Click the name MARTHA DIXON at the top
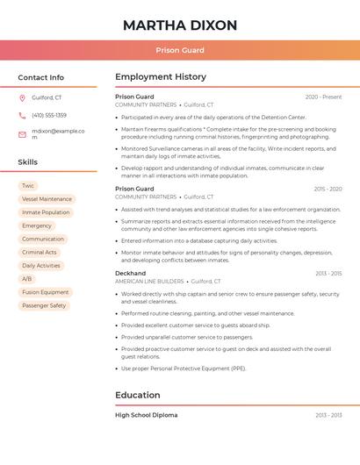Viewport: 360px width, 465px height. coord(180,25)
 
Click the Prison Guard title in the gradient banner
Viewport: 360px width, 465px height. coord(180,50)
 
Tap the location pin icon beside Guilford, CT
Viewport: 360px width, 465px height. coord(22,97)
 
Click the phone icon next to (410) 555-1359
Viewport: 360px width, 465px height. coord(22,116)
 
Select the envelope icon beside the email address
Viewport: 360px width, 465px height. coord(22,134)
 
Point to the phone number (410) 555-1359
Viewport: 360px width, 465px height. coord(49,116)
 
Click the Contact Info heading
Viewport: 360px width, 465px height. coord(40,77)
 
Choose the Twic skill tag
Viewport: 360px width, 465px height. coord(28,186)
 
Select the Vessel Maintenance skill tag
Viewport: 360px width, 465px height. coord(47,199)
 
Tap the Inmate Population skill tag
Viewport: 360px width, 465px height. coord(46,212)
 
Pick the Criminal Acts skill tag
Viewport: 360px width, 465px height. coord(40,253)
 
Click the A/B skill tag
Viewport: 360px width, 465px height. coord(27,279)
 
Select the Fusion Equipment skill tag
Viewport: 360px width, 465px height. coord(46,292)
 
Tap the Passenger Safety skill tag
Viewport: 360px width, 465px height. coord(44,305)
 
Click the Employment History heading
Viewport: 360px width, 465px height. coord(161,77)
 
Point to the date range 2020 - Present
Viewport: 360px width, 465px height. coord(323,97)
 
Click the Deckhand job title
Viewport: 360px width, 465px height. coord(131,273)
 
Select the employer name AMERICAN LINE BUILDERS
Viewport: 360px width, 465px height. coord(149,282)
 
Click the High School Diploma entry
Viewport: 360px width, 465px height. coord(146,415)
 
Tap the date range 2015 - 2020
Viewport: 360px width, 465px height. coord(328,189)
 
